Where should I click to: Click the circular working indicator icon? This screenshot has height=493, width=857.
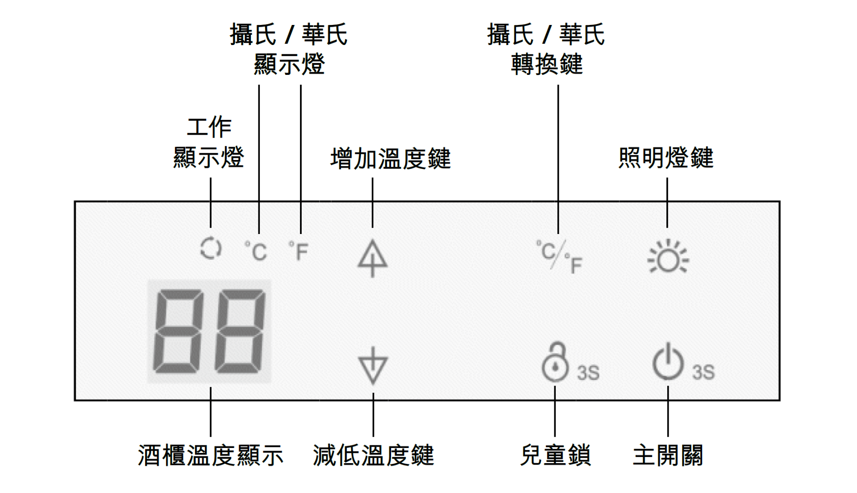click(210, 248)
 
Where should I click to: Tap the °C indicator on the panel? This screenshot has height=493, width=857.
click(256, 251)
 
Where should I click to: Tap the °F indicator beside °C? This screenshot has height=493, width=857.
click(299, 251)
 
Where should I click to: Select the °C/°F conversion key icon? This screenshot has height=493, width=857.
click(559, 256)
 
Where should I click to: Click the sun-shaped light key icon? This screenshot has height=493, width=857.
click(668, 257)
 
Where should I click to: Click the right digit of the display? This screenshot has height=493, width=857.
click(240, 331)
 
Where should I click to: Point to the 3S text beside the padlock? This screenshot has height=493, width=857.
click(588, 373)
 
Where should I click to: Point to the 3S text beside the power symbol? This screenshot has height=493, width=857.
click(703, 372)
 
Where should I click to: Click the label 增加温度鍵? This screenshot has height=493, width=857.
click(391, 159)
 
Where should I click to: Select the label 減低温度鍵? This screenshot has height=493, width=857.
click(373, 456)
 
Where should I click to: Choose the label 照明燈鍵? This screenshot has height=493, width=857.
click(666, 158)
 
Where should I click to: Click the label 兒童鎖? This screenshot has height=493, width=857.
click(555, 456)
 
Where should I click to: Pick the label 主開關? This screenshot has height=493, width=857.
click(668, 456)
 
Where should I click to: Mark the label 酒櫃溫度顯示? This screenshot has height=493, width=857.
click(210, 456)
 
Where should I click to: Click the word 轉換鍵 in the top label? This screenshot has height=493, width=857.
click(547, 64)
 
